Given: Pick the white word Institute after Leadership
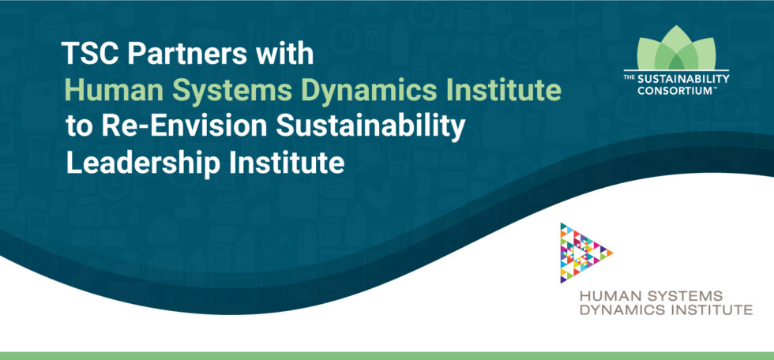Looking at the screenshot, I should coord(289,164).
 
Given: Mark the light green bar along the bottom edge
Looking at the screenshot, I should coord(387,355).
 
